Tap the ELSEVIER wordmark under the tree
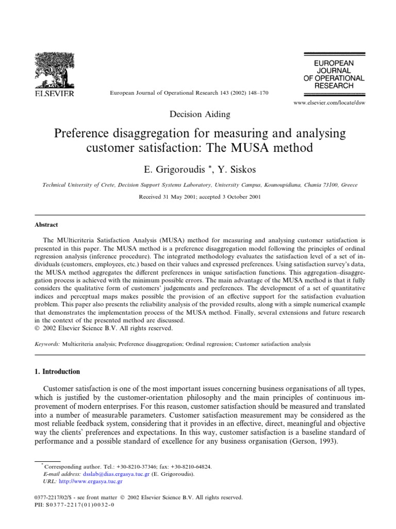click(x=54, y=94)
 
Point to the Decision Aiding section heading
click(x=199, y=114)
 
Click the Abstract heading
click(x=46, y=225)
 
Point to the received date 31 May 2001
click(x=180, y=197)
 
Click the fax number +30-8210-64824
click(x=187, y=465)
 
